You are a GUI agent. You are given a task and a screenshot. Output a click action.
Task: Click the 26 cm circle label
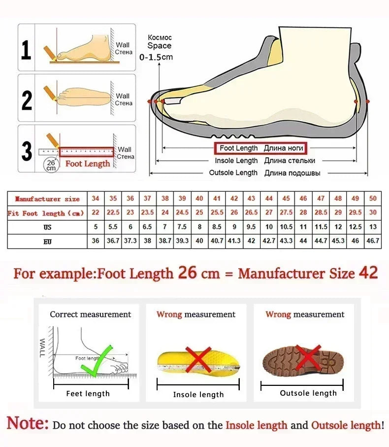(x=51, y=164)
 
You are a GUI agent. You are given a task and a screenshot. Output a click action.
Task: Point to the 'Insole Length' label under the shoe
(x=236, y=161)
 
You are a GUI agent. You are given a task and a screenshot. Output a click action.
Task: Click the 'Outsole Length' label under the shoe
(x=233, y=173)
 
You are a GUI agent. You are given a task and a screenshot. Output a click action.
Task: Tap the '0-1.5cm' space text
(x=156, y=57)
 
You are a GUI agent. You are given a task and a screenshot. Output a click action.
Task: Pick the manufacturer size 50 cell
(x=373, y=199)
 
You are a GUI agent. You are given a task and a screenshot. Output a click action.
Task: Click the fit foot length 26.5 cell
(x=252, y=212)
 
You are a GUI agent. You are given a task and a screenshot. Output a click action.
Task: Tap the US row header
(x=47, y=227)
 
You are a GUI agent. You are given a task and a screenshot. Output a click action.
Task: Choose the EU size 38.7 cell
(x=165, y=241)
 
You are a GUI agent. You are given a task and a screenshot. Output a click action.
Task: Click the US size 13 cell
(x=373, y=227)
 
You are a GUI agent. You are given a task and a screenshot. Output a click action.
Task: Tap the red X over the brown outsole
(x=309, y=359)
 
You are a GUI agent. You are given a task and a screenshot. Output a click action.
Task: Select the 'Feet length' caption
(x=88, y=394)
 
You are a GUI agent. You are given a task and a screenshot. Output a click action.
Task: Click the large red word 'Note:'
(x=28, y=423)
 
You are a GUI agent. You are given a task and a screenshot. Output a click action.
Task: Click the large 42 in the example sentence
(x=368, y=273)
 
